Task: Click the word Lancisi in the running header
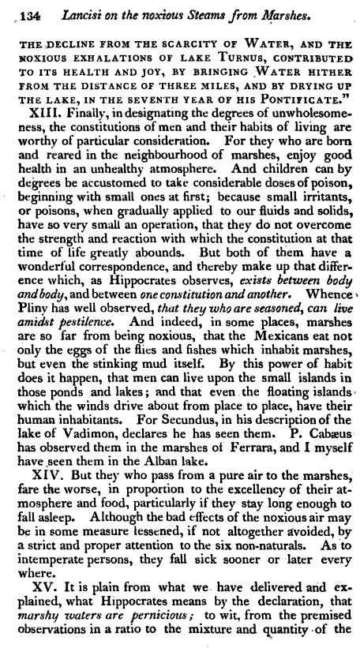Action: coord(69,12)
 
